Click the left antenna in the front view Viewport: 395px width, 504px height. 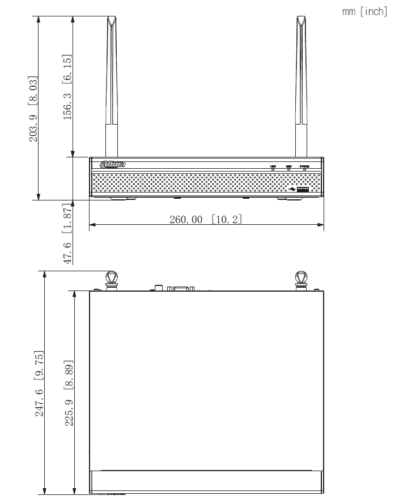tap(112, 85)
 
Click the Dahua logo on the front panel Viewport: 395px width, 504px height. tap(112, 165)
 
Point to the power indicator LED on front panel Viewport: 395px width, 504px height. tap(304, 168)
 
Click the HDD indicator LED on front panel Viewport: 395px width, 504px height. tap(273, 168)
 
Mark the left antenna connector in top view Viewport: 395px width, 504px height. tap(111, 281)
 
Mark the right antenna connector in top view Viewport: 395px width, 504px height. tap(301, 281)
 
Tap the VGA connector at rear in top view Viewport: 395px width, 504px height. tap(180, 288)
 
